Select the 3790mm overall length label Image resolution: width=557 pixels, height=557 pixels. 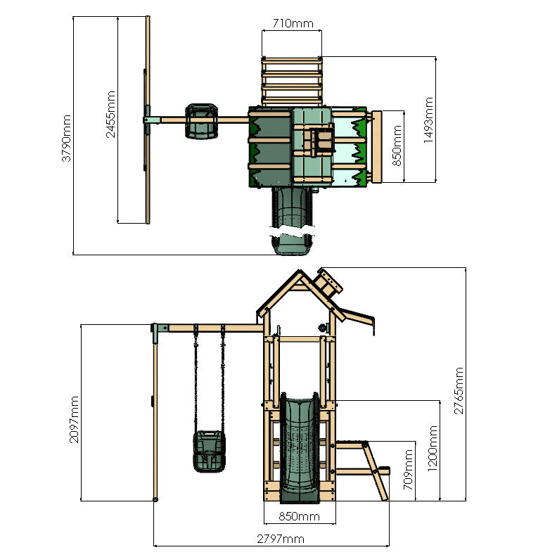click(x=67, y=139)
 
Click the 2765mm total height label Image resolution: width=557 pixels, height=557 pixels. click(x=458, y=390)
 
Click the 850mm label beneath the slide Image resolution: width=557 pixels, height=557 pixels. click(x=299, y=517)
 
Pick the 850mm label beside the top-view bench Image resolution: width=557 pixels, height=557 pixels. click(x=397, y=144)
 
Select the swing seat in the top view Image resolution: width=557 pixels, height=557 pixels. click(x=200, y=120)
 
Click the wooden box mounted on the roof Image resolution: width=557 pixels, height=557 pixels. click(x=329, y=285)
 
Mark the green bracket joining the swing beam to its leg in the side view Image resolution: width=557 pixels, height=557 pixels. click(x=160, y=328)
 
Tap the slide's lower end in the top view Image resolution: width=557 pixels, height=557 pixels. click(x=290, y=245)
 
